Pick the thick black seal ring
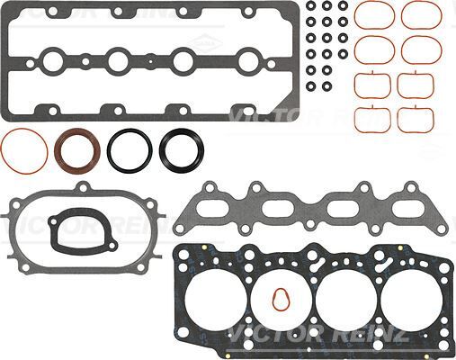click(x=181, y=148)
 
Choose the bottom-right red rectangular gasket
click(x=415, y=117)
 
